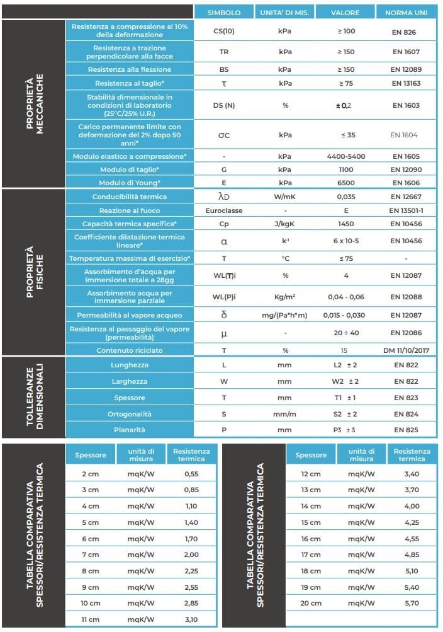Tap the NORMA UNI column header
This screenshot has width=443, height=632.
[x=405, y=13]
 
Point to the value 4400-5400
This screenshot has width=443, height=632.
[x=345, y=156]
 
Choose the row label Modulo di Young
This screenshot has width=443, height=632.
[x=129, y=183]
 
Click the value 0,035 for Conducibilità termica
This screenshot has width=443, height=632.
[x=345, y=197]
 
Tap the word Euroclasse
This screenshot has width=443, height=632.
[x=224, y=210]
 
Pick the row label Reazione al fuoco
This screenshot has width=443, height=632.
[x=129, y=210]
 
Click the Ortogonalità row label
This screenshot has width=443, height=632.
[x=129, y=414]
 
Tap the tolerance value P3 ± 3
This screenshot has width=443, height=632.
[x=345, y=430]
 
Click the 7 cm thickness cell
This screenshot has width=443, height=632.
[x=90, y=554]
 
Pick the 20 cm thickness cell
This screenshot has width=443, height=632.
[x=311, y=604]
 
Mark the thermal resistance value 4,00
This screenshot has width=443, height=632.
[x=412, y=506]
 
